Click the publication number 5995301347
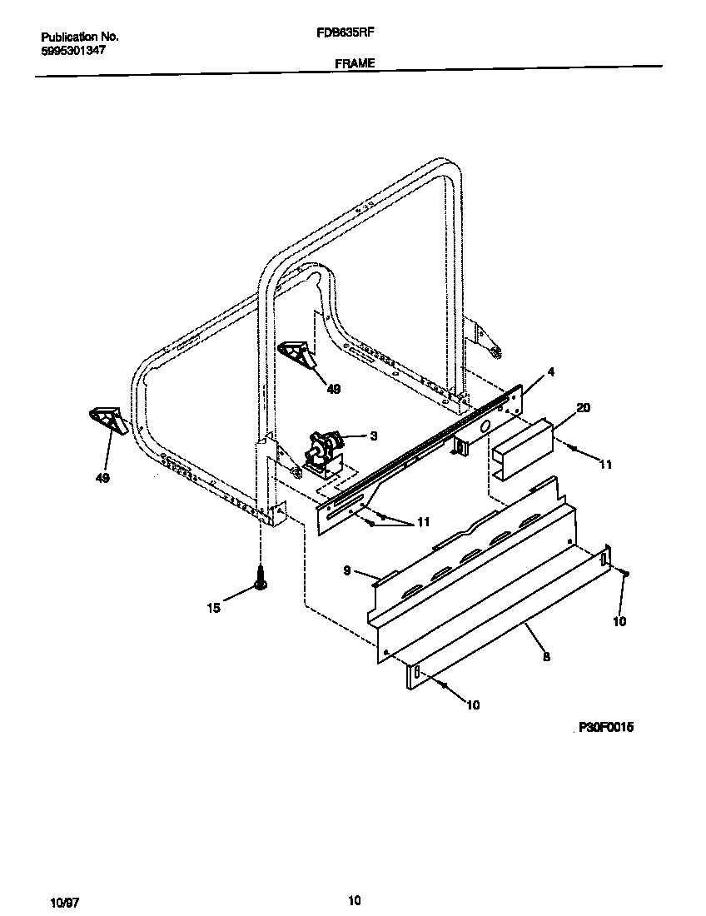73,50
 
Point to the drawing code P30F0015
605,727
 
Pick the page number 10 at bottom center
354,899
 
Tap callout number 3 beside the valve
374,435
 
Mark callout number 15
214,608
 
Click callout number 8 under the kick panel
545,657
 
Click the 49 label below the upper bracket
333,388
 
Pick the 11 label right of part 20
606,464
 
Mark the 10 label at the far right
619,621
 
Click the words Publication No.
79,37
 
